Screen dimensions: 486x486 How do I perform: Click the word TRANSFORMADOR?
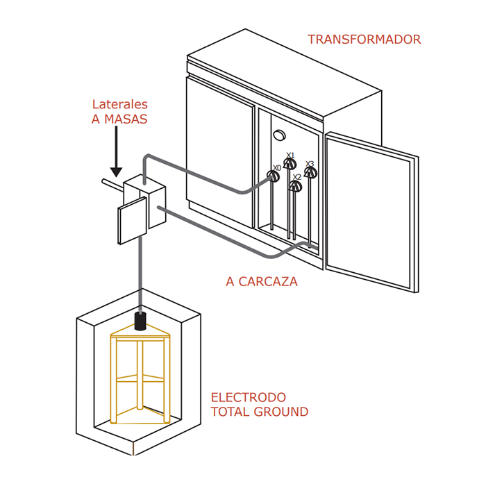tap(364, 40)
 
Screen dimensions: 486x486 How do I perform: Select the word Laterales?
tap(119, 105)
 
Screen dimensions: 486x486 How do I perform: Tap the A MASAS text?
tap(119, 119)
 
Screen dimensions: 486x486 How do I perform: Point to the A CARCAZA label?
tap(262, 282)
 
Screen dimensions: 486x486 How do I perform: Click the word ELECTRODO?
tap(248, 398)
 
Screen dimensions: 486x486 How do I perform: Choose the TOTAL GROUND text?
tap(259, 412)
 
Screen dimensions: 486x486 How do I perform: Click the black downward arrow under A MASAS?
tap(116, 153)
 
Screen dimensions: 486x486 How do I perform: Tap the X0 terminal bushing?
tap(274, 176)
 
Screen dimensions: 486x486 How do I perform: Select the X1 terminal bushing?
tap(290, 163)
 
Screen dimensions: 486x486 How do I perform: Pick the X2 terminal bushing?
tap(296, 185)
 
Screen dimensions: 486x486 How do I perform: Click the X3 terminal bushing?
tap(310, 172)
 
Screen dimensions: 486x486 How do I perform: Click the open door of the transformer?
tap(371, 212)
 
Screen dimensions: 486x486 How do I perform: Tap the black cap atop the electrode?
tap(141, 321)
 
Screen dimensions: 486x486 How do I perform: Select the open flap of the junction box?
tap(133, 221)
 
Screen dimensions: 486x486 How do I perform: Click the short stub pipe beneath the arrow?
tap(110, 185)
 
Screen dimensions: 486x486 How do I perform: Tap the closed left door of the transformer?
tap(219, 149)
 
